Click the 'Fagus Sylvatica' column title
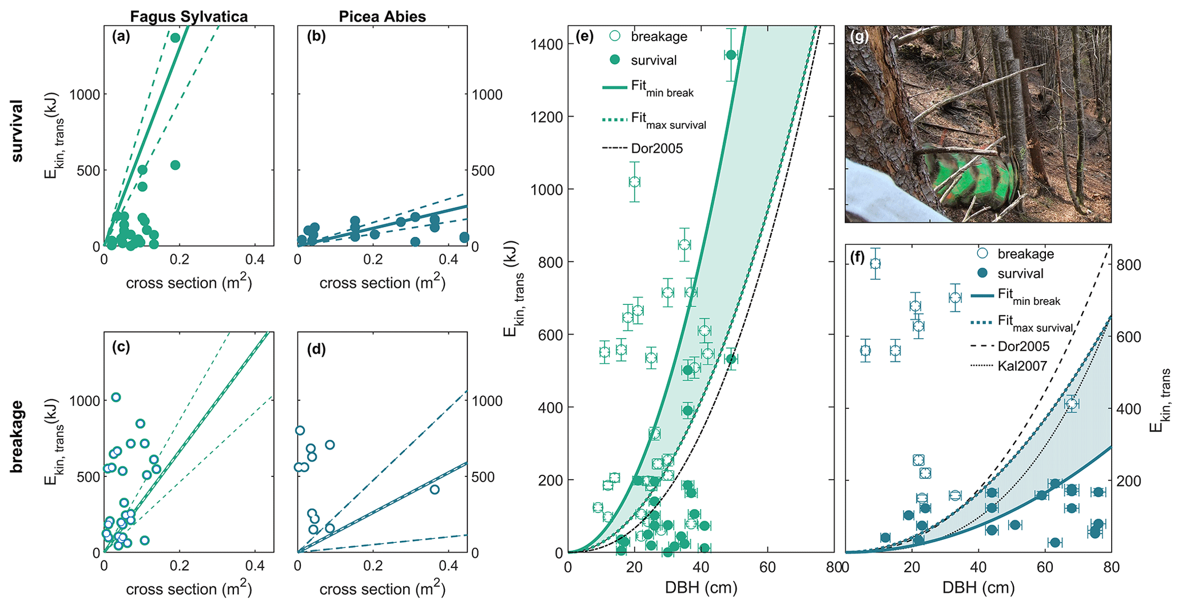pos(189,16)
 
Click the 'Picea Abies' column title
pos(382,16)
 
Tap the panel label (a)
pos(121,37)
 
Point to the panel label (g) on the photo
pos(859,38)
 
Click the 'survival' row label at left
pos(17,131)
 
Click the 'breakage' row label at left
pos(17,436)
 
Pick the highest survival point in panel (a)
pos(176,38)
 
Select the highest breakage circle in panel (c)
pos(116,397)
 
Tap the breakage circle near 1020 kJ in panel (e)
pos(634,182)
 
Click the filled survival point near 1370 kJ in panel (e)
pos(731,55)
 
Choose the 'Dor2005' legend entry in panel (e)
pos(656,149)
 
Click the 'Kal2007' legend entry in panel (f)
pos(1022,365)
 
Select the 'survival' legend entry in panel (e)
pos(654,60)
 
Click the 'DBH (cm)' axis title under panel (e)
pos(701,587)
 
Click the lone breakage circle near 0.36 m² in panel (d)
pos(435,489)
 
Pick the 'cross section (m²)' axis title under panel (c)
pos(189,589)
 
